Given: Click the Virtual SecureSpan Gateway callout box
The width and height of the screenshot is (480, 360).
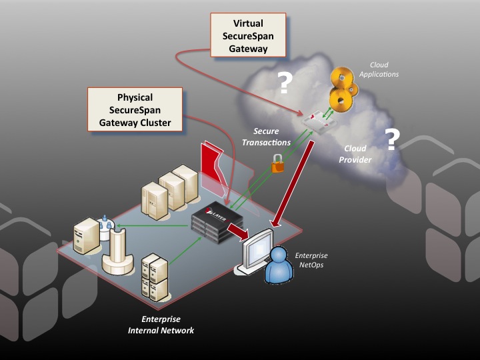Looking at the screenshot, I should pyautogui.click(x=248, y=35).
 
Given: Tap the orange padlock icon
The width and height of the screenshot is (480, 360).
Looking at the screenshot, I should pyautogui.click(x=276, y=163).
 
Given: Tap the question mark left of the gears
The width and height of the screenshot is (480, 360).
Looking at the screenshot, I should pyautogui.click(x=285, y=83).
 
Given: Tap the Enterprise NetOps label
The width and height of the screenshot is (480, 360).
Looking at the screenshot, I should pyautogui.click(x=311, y=260).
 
